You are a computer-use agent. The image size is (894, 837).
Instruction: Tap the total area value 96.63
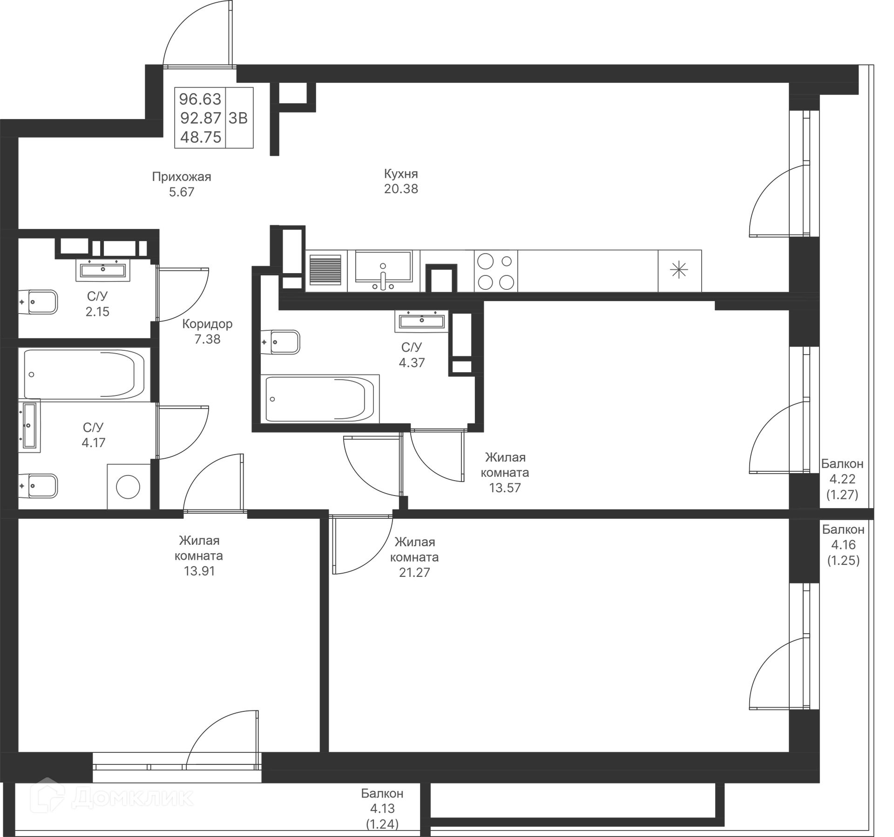point(200,99)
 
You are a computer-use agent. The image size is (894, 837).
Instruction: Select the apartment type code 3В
point(238,118)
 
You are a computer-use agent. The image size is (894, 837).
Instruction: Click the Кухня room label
point(401,174)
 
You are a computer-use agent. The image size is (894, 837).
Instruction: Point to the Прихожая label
point(182,177)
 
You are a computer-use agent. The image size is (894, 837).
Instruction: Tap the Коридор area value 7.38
point(207,339)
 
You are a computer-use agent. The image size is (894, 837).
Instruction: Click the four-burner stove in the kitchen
point(496,271)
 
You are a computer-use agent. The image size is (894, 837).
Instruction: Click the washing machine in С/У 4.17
point(128,487)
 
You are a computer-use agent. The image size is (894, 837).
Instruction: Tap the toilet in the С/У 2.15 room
point(38,302)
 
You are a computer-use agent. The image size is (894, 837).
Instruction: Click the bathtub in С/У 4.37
point(319,399)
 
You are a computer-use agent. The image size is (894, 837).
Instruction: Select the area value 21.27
point(414,572)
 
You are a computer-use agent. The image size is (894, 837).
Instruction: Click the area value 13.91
point(199,571)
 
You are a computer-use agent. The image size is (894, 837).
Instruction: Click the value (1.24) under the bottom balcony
point(382,824)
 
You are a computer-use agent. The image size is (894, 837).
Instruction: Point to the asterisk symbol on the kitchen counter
point(679,270)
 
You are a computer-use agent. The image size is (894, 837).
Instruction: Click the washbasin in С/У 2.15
point(103,269)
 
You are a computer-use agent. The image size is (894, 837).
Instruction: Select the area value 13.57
point(505,488)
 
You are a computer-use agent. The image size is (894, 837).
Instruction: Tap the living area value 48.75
point(201,137)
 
